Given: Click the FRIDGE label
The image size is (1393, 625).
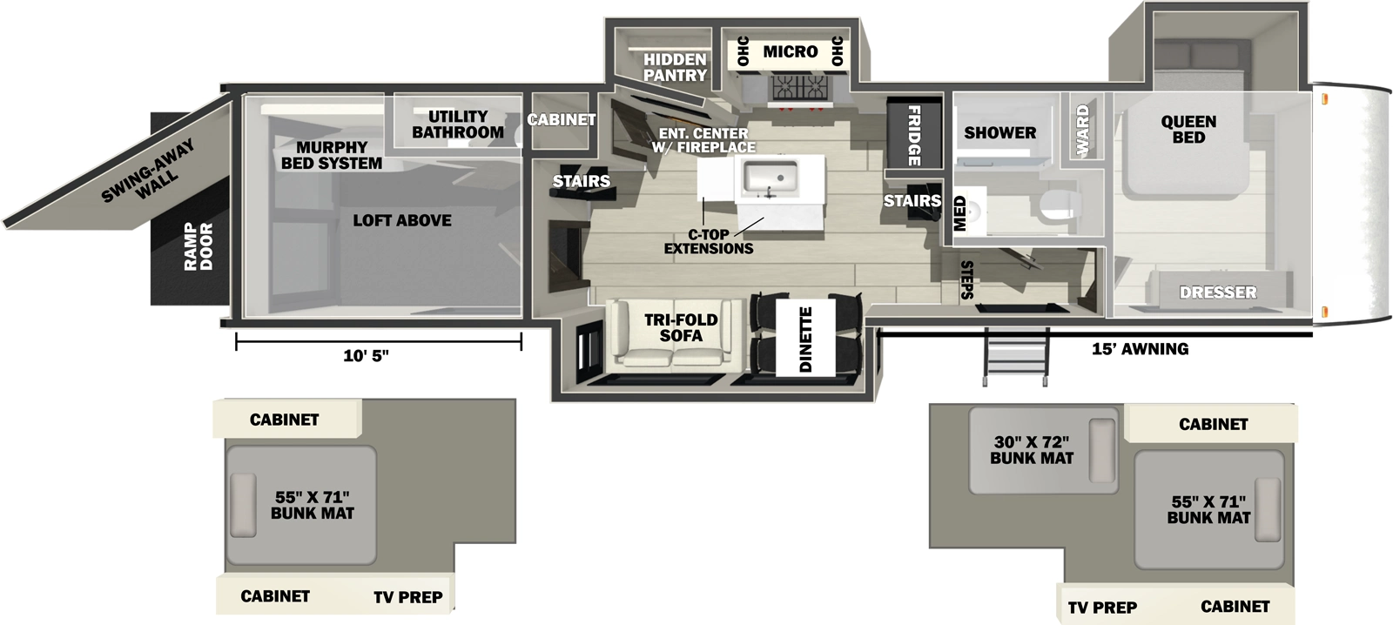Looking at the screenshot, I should click(x=914, y=135).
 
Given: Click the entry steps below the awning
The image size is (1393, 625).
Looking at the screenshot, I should click(x=1016, y=354).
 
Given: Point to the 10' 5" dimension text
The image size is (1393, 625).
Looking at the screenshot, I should click(x=366, y=356).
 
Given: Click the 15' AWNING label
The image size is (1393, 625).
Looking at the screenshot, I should click(x=1140, y=349).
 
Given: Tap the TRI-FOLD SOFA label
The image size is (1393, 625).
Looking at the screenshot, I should click(x=681, y=327).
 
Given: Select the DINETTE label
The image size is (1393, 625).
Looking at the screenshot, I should click(x=805, y=339).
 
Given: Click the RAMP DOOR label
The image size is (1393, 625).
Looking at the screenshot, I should click(x=199, y=246).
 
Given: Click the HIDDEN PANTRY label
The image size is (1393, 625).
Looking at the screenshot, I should click(x=675, y=67).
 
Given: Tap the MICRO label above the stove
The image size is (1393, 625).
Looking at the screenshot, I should click(x=790, y=52).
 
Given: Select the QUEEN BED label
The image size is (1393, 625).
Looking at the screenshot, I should click(x=1188, y=129).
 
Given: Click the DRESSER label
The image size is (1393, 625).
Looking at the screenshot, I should click(x=1217, y=292).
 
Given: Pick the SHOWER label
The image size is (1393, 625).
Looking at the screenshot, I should click(x=999, y=133).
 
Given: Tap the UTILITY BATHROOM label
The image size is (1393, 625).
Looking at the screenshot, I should click(x=457, y=124).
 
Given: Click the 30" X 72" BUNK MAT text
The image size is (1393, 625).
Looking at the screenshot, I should click(x=1032, y=450).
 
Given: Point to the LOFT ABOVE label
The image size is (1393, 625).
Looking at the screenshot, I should click(x=401, y=221).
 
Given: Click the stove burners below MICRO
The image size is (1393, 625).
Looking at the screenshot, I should click(x=799, y=87).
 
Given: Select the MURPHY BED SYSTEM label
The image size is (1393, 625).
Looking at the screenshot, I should click(x=331, y=155).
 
